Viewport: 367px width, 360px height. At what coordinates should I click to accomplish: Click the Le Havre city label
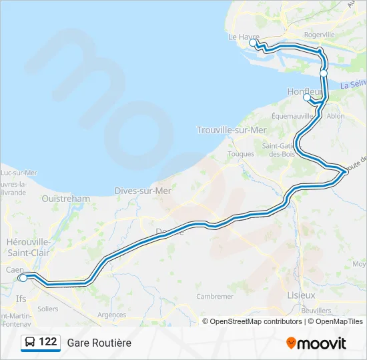click(243, 37)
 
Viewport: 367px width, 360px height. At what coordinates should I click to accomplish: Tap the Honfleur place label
click(304, 91)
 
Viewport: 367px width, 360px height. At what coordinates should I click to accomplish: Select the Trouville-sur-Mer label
click(232, 129)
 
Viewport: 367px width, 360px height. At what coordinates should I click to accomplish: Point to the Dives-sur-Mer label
click(143, 190)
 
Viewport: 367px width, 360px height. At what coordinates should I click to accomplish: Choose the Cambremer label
click(215, 296)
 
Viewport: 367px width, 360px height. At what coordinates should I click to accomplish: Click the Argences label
click(111, 315)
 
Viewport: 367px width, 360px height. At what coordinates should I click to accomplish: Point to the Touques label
click(242, 153)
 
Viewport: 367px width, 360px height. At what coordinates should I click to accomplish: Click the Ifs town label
click(21, 299)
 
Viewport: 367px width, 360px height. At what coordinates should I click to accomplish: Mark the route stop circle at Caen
click(23, 278)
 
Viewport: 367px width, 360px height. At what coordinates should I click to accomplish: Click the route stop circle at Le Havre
click(253, 43)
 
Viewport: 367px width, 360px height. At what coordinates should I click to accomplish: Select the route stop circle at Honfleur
click(307, 98)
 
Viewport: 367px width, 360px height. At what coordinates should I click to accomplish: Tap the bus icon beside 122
click(29, 342)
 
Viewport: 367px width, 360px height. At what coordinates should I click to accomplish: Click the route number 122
click(48, 342)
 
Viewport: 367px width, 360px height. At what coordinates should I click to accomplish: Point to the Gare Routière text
click(99, 343)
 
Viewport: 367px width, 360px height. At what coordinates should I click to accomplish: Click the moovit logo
click(316, 343)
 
